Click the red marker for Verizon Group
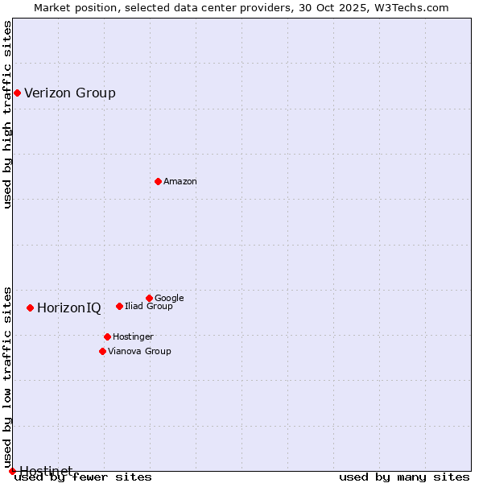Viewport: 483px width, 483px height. point(17,93)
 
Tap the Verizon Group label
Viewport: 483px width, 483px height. point(70,93)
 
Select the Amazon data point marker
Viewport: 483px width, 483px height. point(158,181)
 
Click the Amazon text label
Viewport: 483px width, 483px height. point(180,182)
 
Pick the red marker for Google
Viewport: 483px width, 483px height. point(149,298)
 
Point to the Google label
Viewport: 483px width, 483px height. point(169,299)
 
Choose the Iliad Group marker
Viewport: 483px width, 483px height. point(119,306)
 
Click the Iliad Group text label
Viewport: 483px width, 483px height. point(149,307)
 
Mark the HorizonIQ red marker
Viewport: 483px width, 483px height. point(30,308)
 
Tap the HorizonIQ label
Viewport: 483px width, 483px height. point(69,308)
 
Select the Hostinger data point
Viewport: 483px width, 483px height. point(107,336)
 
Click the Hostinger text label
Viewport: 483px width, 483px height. point(133,337)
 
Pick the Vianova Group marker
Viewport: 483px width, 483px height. point(102,351)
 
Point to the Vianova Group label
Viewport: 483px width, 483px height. point(139,352)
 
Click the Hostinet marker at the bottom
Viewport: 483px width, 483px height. point(12,471)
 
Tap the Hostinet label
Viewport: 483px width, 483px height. point(46,470)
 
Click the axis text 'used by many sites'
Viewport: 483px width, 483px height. point(404,477)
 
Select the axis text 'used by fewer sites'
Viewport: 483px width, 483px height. point(83,477)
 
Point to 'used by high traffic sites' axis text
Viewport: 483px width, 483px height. point(8,114)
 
